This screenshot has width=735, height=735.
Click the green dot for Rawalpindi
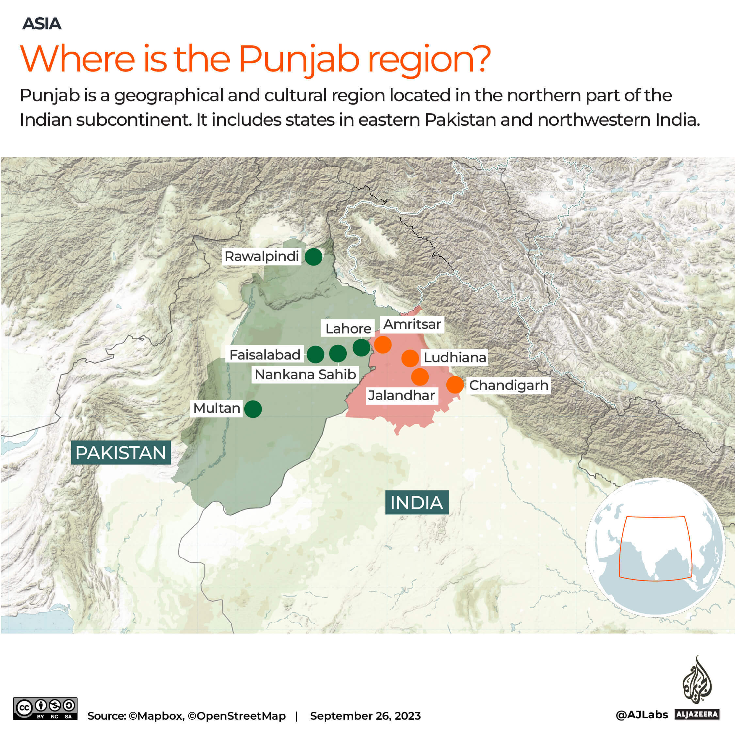313,257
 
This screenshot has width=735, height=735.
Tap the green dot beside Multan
253,409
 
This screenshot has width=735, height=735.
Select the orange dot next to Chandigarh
455,385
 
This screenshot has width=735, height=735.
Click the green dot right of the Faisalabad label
315,355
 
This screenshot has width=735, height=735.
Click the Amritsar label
412,324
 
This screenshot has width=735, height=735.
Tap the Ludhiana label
455,357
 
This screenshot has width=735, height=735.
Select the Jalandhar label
401,395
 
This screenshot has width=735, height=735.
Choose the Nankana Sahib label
305,374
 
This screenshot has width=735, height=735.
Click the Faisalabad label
265,355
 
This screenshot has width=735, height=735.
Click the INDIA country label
417,503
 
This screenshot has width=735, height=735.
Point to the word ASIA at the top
41,24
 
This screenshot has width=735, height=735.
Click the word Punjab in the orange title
299,60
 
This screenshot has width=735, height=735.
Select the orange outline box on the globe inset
655,548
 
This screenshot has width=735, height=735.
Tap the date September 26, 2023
365,716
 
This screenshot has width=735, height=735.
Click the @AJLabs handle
642,715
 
